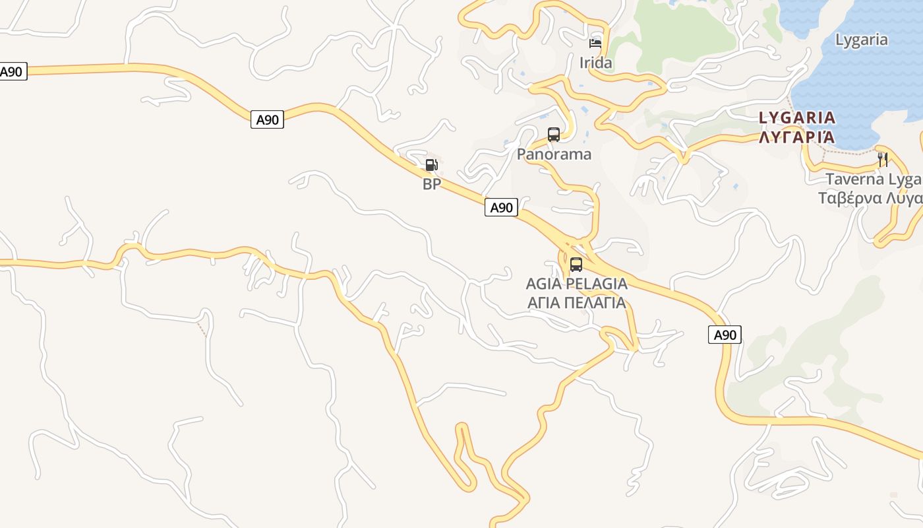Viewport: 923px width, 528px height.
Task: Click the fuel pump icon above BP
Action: tap(431, 165)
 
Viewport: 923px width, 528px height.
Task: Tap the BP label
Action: tap(431, 184)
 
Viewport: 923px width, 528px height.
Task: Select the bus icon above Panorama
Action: tap(554, 135)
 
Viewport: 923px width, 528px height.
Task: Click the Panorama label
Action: tap(554, 154)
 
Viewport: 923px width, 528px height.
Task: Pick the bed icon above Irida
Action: tap(595, 44)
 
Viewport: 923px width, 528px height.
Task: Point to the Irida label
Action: tap(595, 63)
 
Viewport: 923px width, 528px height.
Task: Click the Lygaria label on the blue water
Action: tap(861, 40)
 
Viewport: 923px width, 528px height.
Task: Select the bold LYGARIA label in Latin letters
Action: tap(796, 118)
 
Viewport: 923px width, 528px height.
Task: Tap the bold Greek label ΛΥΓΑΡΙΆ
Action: tap(796, 137)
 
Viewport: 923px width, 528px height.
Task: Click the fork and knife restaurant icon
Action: tap(883, 159)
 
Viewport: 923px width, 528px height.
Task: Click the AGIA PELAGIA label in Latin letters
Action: tap(576, 284)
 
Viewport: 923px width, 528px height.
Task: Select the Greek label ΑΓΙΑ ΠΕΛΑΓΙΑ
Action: tap(576, 303)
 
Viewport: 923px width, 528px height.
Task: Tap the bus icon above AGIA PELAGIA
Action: tap(576, 265)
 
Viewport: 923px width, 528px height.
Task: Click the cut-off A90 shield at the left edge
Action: tap(13, 72)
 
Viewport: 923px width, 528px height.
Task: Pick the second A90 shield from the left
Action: tap(267, 119)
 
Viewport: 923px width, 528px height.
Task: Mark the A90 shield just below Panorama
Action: tap(501, 207)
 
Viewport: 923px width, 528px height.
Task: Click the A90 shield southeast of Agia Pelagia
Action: tap(725, 335)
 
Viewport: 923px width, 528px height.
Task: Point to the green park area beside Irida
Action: tap(679, 30)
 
